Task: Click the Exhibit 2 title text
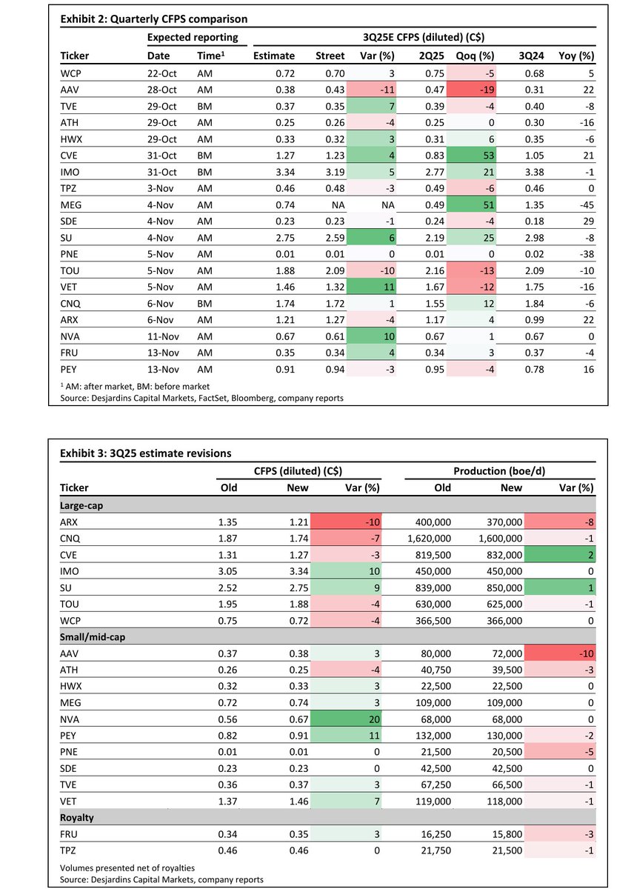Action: click(153, 19)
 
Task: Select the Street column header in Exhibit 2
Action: click(330, 56)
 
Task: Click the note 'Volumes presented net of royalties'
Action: click(127, 868)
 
